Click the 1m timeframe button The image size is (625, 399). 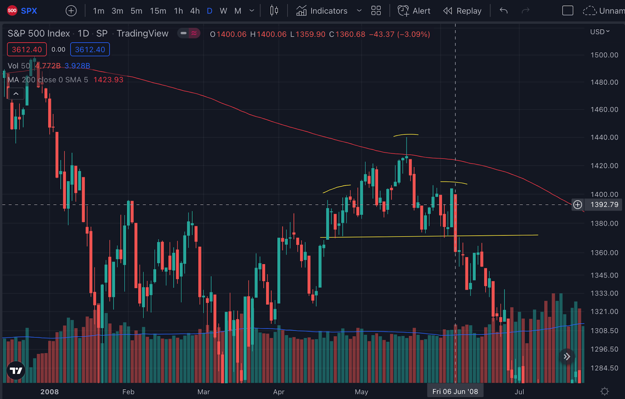pyautogui.click(x=98, y=11)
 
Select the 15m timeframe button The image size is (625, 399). pyautogui.click(x=158, y=11)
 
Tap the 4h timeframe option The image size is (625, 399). pyautogui.click(x=195, y=11)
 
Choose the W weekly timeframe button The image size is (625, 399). pyautogui.click(x=223, y=11)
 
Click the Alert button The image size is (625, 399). pyautogui.click(x=414, y=11)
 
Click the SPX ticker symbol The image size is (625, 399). pyautogui.click(x=29, y=11)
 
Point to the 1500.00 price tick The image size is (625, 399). pyautogui.click(x=604, y=55)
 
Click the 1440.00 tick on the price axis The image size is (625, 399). pyautogui.click(x=604, y=137)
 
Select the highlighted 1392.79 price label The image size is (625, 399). pyautogui.click(x=604, y=205)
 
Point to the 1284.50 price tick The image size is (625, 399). pyautogui.click(x=604, y=368)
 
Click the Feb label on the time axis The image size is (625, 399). pyautogui.click(x=128, y=392)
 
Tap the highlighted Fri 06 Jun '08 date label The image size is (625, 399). pyautogui.click(x=455, y=392)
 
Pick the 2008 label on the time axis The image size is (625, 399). pyautogui.click(x=50, y=392)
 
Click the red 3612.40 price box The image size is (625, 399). pyautogui.click(x=27, y=50)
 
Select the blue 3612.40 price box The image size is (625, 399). pyautogui.click(x=90, y=50)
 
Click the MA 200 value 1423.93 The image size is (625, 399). pyautogui.click(x=108, y=80)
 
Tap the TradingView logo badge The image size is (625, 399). pyautogui.click(x=16, y=371)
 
